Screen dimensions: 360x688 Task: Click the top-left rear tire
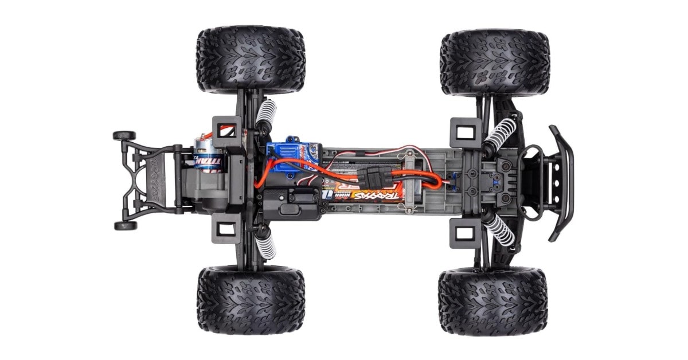(251, 60)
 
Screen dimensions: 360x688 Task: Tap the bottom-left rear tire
(251, 300)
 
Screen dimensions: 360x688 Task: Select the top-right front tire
(495, 62)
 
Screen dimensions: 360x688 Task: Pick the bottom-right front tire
(493, 301)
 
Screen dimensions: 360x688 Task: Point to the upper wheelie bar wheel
(124, 136)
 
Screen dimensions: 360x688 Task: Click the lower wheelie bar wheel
(125, 225)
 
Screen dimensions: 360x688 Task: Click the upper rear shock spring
(265, 116)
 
